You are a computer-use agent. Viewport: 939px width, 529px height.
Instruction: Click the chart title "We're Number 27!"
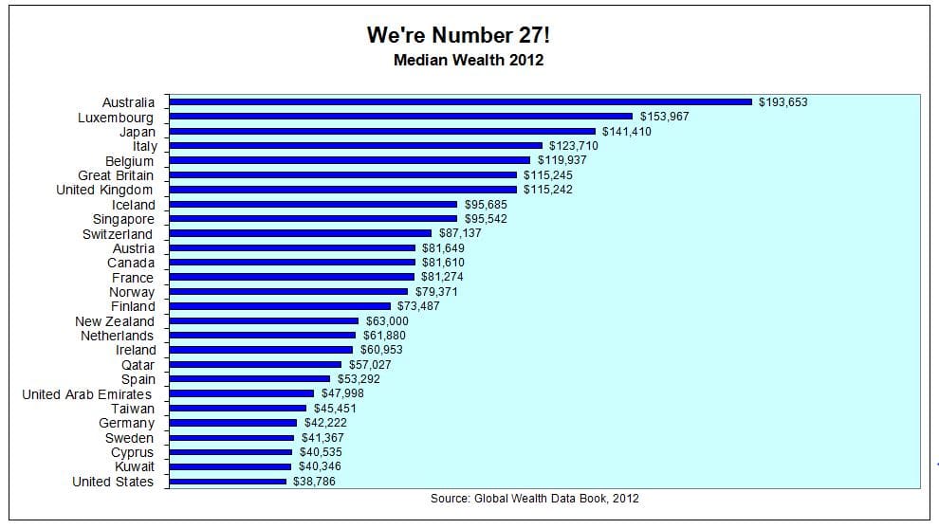click(458, 35)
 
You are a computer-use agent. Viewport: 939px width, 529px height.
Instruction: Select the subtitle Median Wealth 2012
click(469, 60)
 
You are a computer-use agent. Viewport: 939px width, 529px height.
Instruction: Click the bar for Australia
click(461, 101)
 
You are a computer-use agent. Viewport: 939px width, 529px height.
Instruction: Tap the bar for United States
click(228, 482)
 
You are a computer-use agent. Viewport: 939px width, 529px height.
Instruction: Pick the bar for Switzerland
click(300, 233)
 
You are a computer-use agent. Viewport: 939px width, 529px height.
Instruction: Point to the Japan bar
click(382, 131)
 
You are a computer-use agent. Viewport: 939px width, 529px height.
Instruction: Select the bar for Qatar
click(255, 364)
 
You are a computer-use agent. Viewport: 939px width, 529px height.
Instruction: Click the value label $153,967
click(664, 117)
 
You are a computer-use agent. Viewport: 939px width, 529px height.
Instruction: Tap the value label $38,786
click(314, 482)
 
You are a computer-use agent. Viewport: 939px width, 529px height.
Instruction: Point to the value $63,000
click(387, 320)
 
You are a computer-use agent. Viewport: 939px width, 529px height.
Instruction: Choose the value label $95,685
click(486, 204)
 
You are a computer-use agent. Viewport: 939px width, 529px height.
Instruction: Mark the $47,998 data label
click(342, 393)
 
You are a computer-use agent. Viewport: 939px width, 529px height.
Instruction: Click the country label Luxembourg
click(116, 118)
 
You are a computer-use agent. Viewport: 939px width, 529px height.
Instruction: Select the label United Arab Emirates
click(87, 394)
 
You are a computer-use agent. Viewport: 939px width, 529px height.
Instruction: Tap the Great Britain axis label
click(116, 175)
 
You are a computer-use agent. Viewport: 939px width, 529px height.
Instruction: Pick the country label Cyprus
click(133, 452)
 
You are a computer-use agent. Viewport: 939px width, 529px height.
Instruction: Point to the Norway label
click(132, 292)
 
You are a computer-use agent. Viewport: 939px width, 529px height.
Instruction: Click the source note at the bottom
click(535, 498)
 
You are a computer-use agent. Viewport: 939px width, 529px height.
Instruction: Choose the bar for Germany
click(233, 423)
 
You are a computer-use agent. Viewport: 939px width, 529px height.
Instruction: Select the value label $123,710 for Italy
click(574, 145)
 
